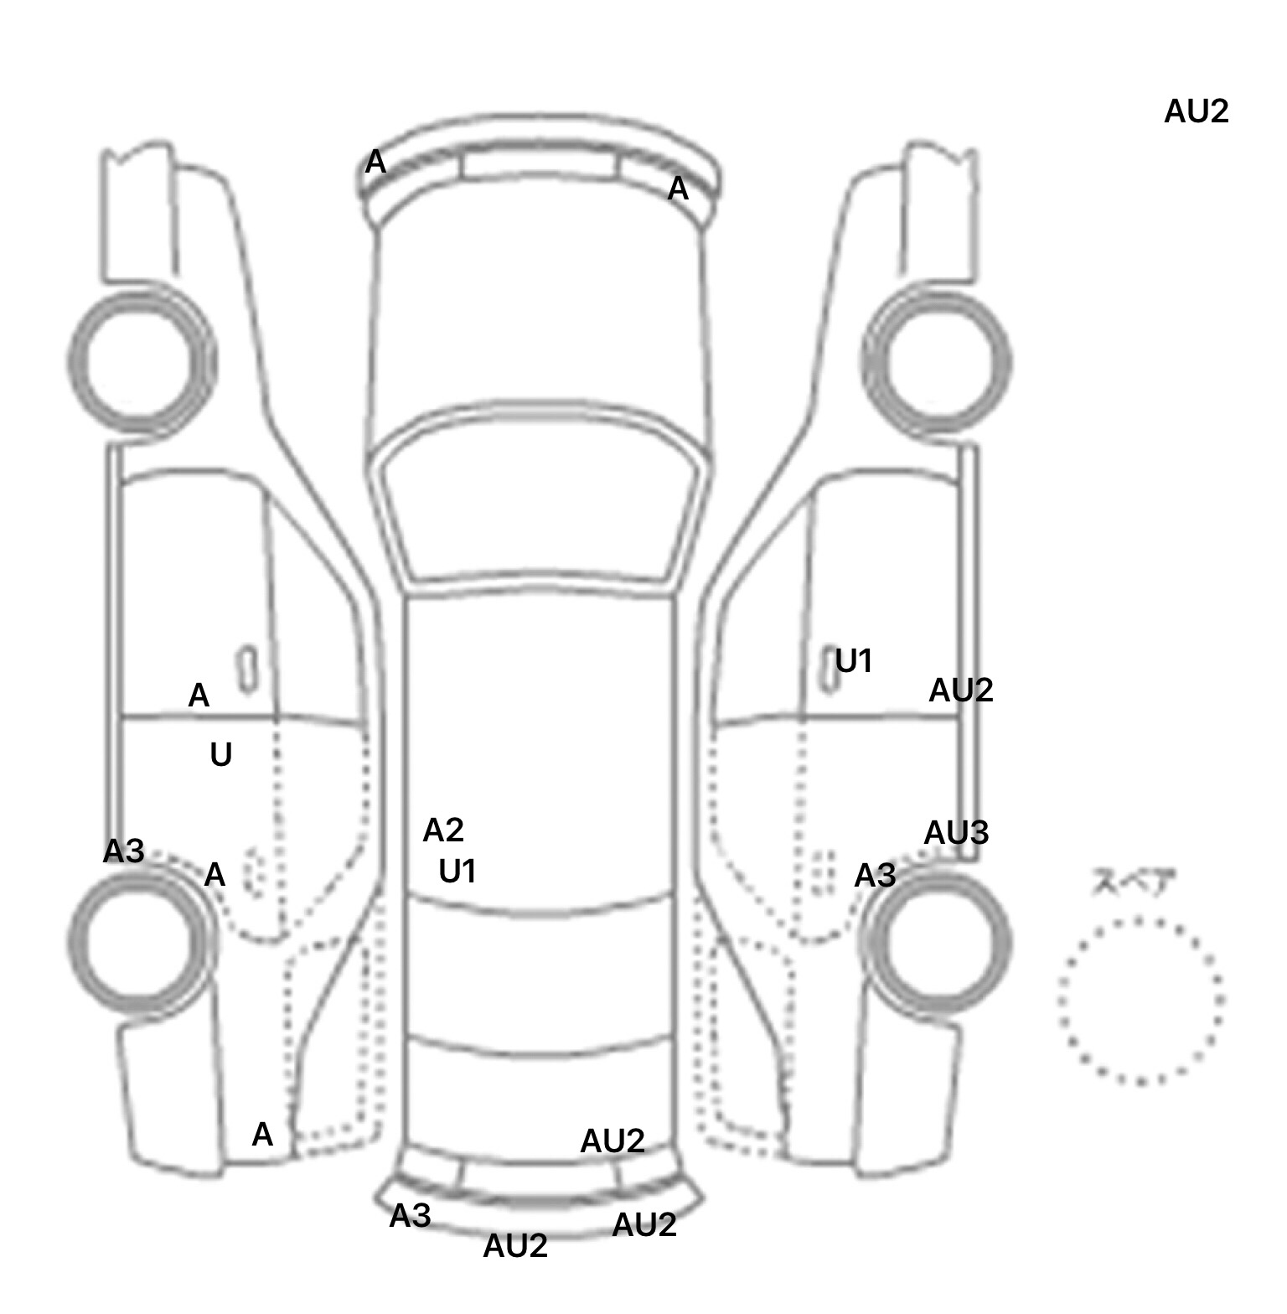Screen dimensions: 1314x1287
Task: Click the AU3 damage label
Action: click(956, 833)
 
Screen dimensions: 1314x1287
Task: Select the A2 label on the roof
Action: click(443, 830)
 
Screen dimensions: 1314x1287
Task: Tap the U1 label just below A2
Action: click(457, 872)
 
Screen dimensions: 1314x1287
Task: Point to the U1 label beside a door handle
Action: click(855, 662)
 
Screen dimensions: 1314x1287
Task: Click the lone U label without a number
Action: click(220, 755)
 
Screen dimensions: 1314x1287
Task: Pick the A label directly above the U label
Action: click(199, 696)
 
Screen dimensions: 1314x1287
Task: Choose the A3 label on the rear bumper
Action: click(410, 1215)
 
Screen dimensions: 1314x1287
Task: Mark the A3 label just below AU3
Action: click(875, 876)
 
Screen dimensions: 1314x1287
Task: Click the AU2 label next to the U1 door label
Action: click(961, 691)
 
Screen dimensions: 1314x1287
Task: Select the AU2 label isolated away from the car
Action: click(1196, 111)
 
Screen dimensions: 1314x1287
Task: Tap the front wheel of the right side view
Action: click(937, 362)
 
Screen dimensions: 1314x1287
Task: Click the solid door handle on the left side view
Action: click(247, 669)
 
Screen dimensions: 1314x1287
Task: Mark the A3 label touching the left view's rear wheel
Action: click(124, 851)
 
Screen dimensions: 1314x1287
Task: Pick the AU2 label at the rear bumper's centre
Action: click(515, 1246)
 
